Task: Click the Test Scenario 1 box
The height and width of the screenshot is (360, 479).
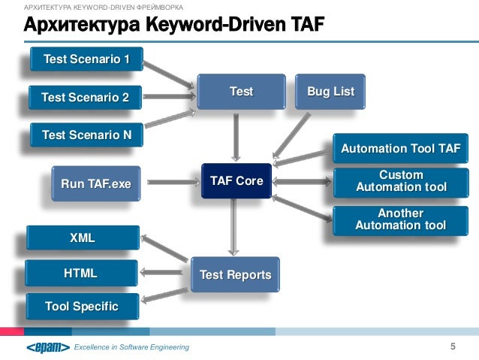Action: pos(86,59)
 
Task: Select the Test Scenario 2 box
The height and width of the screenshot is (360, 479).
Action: pos(86,97)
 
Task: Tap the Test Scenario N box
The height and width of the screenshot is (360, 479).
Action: pos(86,135)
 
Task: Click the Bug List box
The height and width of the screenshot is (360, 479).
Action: pos(330,92)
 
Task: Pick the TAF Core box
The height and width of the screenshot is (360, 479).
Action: pos(236,181)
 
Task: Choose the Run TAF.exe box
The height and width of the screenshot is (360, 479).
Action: pos(95,182)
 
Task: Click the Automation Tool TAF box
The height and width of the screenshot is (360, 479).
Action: pos(400,149)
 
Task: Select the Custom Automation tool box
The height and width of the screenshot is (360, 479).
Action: pos(401,181)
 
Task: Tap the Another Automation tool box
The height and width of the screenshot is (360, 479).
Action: pos(401,219)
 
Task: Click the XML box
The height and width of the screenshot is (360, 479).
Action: pos(82,238)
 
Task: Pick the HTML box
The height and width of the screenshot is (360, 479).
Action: pos(80,273)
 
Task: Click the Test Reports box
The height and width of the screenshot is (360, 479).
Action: pos(235,275)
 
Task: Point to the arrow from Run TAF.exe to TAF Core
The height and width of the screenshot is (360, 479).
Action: pos(173,182)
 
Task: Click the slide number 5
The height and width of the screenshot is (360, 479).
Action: pos(453,346)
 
